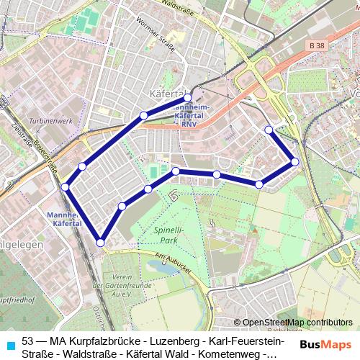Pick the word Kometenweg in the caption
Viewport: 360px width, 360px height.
235,353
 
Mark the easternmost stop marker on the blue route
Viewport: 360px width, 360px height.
295,162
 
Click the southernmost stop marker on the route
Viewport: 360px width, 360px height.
100,243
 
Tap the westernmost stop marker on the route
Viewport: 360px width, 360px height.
66,187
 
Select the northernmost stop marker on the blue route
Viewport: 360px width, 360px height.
188,97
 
